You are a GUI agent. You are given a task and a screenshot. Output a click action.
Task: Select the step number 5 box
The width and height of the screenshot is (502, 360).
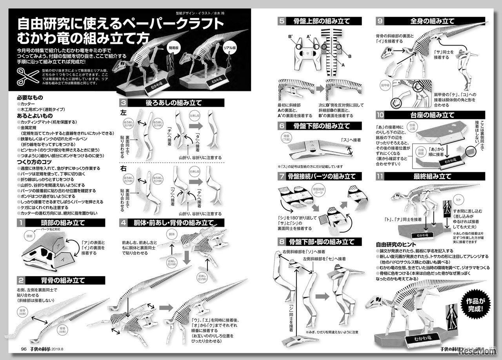click(282, 21)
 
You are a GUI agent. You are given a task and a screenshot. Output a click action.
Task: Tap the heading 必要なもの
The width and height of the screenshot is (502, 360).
click(29, 97)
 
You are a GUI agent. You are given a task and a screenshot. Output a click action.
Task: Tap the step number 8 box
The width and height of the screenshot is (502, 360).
click(282, 242)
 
